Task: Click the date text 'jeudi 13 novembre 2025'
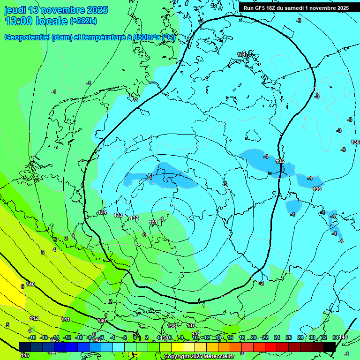(56, 10)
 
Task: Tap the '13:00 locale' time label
(36, 21)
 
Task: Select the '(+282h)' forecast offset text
(83, 21)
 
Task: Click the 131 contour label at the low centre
(153, 222)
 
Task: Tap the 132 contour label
(134, 218)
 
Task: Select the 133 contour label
(118, 215)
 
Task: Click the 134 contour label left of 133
(102, 212)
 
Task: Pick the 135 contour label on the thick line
(280, 161)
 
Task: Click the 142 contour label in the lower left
(34, 318)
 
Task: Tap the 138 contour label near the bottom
(172, 325)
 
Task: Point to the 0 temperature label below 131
(144, 235)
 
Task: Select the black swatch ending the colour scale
(329, 346)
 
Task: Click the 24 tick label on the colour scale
(277, 337)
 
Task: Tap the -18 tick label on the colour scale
(32, 337)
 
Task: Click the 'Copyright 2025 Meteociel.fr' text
(199, 356)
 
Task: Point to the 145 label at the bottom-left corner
(25, 355)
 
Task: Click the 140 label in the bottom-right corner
(343, 337)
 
